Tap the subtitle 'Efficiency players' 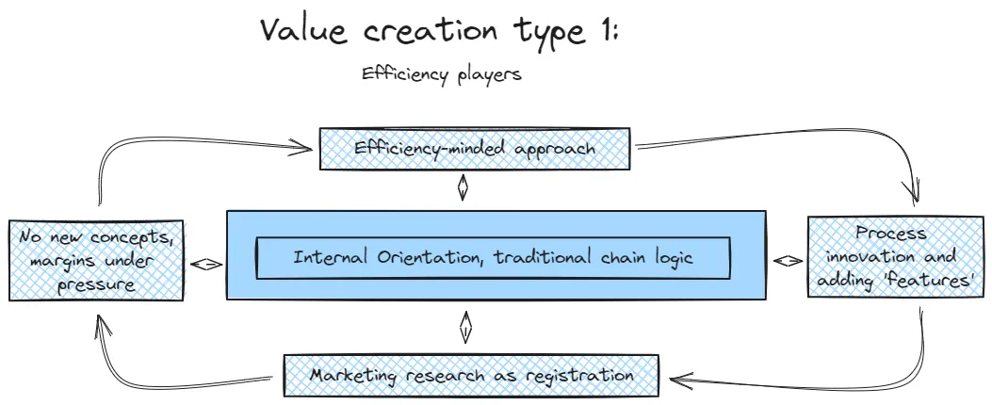(x=441, y=74)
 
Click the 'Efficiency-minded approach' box (x=476, y=149)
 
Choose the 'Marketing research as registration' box (x=471, y=375)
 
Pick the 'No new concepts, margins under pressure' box (x=95, y=260)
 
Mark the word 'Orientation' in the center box (x=398, y=257)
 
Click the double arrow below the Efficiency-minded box (x=463, y=189)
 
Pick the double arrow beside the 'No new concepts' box (x=206, y=265)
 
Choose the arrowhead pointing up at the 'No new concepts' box (x=101, y=326)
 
